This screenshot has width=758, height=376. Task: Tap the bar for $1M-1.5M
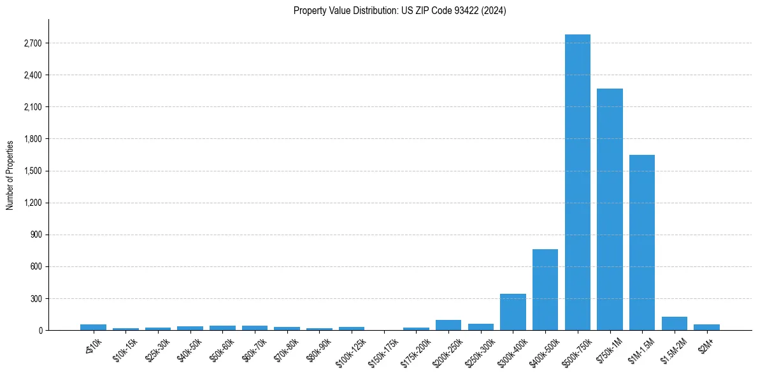coord(641,242)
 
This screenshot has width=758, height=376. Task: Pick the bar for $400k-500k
coord(545,289)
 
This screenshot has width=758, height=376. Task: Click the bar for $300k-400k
coord(513,312)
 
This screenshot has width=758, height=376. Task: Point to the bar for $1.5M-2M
coord(674,324)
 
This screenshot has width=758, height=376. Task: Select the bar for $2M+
coord(706,327)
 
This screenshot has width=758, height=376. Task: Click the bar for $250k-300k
coord(481,327)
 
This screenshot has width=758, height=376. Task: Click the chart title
coord(400,11)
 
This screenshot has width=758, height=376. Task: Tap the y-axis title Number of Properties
coord(10,175)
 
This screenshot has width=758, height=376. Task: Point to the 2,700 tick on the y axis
coord(32,43)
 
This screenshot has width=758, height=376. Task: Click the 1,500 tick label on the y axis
coord(32,171)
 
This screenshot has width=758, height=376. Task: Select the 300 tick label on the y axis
coord(36,298)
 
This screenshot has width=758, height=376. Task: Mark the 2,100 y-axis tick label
coord(32,107)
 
